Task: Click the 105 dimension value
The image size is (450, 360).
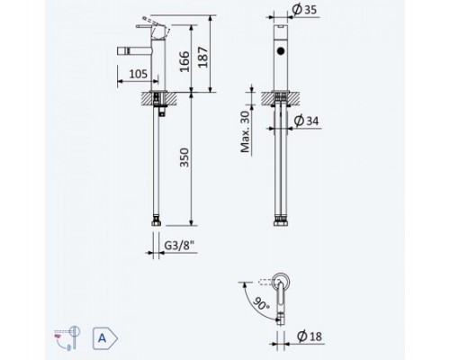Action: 139,74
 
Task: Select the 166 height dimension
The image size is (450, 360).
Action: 184,62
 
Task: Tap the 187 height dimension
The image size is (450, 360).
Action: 203,58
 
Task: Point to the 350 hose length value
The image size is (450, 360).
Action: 184,157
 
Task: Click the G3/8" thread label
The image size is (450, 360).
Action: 180,246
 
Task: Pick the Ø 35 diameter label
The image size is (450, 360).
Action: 304,10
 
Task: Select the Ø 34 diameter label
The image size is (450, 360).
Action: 306,121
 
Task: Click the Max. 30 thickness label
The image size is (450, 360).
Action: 246,131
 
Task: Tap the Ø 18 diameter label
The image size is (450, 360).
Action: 310,336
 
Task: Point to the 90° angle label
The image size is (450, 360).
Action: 261,303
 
